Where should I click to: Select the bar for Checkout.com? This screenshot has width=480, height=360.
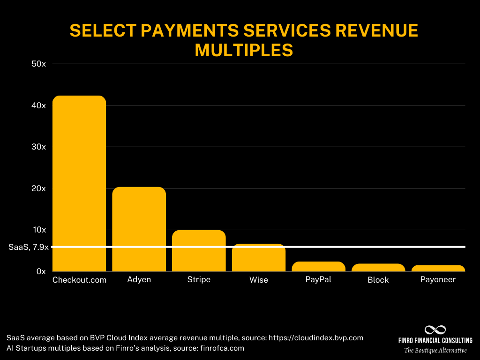(x=79, y=183)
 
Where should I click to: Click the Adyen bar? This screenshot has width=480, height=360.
(x=139, y=229)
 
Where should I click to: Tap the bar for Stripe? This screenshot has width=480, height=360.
(x=199, y=251)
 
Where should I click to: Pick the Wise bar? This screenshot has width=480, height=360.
(x=259, y=257)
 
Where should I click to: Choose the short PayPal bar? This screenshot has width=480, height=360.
(x=318, y=266)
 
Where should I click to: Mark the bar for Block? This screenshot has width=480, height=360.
(x=378, y=268)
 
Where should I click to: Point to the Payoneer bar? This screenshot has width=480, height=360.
(x=438, y=269)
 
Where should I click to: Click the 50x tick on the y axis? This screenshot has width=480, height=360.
(x=38, y=64)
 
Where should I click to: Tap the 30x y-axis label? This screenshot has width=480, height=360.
(x=38, y=147)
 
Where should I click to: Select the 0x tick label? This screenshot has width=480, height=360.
(x=41, y=271)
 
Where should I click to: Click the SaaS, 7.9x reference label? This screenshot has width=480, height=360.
(x=29, y=247)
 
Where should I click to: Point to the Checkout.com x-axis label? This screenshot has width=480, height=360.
(x=79, y=280)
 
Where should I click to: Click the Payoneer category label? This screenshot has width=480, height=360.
(x=438, y=280)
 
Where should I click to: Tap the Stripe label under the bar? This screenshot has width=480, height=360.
(x=199, y=280)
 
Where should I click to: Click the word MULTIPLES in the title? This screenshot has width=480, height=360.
(x=244, y=50)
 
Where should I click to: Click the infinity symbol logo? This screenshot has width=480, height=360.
(x=435, y=330)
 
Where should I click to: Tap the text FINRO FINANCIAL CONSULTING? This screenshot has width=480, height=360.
(x=435, y=340)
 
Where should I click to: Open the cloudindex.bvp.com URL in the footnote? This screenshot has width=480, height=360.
(x=316, y=337)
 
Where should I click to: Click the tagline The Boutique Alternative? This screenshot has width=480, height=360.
(x=435, y=351)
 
